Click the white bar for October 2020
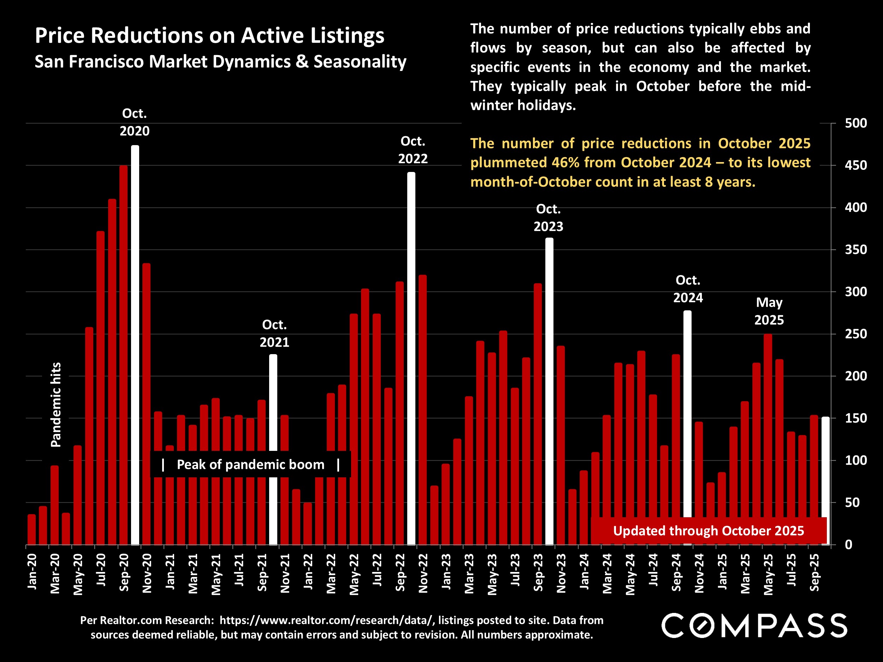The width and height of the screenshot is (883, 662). pyautogui.click(x=135, y=345)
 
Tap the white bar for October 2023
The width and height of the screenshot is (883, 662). pyautogui.click(x=549, y=391)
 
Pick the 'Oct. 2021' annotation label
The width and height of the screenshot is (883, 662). pyautogui.click(x=274, y=334)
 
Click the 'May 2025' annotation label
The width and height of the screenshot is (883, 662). pyautogui.click(x=769, y=311)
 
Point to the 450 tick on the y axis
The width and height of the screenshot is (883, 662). pyautogui.click(x=855, y=165)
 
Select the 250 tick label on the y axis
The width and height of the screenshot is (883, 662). pyautogui.click(x=855, y=334)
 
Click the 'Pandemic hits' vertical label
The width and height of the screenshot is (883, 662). pyautogui.click(x=56, y=405)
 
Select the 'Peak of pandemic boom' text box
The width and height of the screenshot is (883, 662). pyautogui.click(x=251, y=465)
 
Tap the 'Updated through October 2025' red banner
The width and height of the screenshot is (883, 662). pyautogui.click(x=709, y=531)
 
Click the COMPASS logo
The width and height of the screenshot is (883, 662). pyautogui.click(x=754, y=626)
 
